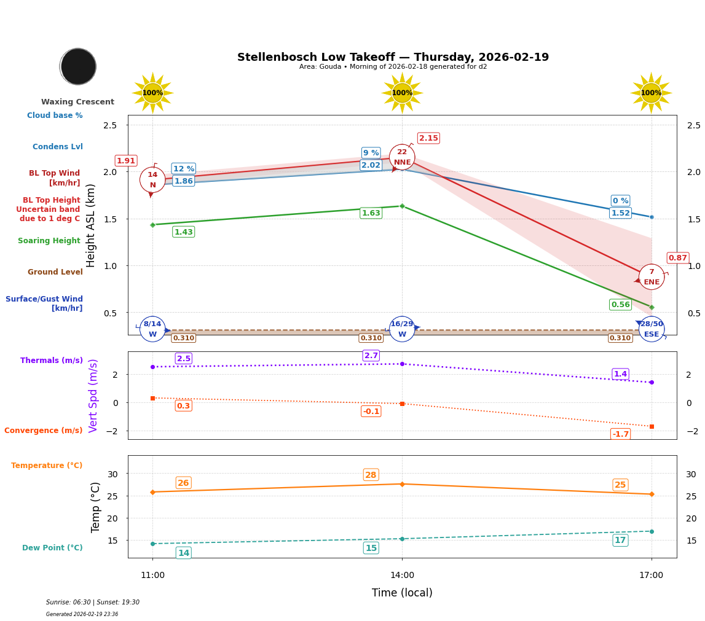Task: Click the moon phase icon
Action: click(78, 66)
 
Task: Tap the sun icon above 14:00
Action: click(402, 93)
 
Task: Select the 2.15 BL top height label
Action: click(428, 138)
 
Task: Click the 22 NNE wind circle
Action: click(402, 157)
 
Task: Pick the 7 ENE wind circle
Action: click(652, 277)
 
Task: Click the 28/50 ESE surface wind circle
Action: click(652, 329)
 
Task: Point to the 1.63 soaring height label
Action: click(371, 213)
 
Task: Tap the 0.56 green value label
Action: click(620, 305)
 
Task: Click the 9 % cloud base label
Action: click(371, 153)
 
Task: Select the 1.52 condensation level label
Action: click(620, 213)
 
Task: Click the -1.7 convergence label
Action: click(620, 434)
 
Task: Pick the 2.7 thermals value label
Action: click(371, 356)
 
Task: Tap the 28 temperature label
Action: click(371, 475)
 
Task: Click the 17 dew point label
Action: click(620, 540)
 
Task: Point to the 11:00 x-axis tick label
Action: click(152, 576)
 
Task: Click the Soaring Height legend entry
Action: click(49, 241)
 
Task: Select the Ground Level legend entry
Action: click(55, 272)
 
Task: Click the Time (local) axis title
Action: click(402, 593)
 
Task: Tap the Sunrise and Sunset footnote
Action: click(93, 603)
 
